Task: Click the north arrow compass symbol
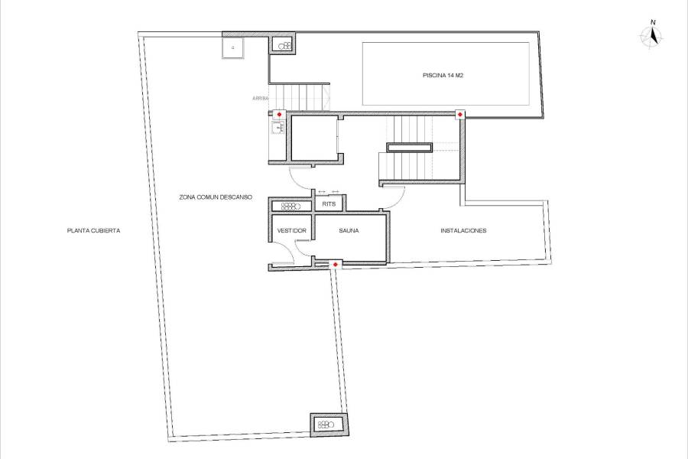(652, 36)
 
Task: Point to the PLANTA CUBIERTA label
(94, 230)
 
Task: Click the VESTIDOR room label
(291, 230)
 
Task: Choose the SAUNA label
(349, 230)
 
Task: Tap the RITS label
(329, 205)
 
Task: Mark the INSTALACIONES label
(463, 230)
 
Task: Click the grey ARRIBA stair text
(261, 99)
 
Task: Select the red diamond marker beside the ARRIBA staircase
(279, 115)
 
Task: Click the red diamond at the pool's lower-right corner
(460, 115)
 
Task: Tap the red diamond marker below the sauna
(336, 265)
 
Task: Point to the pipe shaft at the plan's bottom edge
(327, 425)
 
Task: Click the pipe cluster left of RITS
(290, 206)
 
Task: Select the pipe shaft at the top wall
(284, 46)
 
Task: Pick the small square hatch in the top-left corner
(232, 48)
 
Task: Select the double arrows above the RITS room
(328, 192)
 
